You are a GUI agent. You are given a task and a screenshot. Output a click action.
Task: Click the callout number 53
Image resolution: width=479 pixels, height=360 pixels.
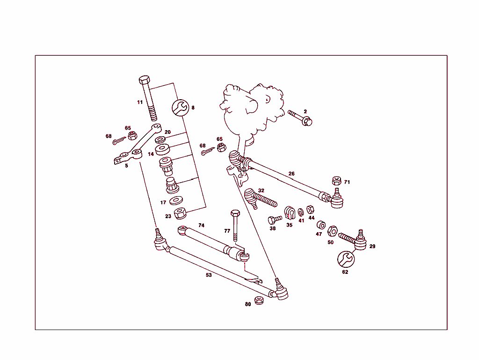point(209,275)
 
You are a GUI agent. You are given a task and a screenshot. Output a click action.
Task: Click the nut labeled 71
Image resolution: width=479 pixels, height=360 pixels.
point(335,180)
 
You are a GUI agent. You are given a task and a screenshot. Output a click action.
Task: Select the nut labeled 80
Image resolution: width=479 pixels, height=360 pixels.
point(260,301)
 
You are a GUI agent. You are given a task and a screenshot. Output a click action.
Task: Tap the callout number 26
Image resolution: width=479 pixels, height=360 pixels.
point(291,174)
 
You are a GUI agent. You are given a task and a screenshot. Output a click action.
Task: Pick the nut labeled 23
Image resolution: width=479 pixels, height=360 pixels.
point(181,214)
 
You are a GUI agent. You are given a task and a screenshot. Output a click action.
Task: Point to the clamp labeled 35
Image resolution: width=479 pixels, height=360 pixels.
point(290,212)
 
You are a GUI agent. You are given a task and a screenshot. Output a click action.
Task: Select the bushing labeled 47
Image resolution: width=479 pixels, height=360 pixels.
point(321,225)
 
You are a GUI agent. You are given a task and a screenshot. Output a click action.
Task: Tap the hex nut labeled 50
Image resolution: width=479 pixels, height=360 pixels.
point(332,230)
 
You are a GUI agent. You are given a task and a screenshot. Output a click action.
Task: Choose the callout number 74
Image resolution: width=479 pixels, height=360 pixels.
point(201,225)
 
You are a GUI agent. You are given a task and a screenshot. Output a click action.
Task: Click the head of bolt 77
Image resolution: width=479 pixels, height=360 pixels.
point(235,214)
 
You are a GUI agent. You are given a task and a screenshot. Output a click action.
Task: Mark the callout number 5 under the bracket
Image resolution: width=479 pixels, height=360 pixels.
point(126,165)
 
